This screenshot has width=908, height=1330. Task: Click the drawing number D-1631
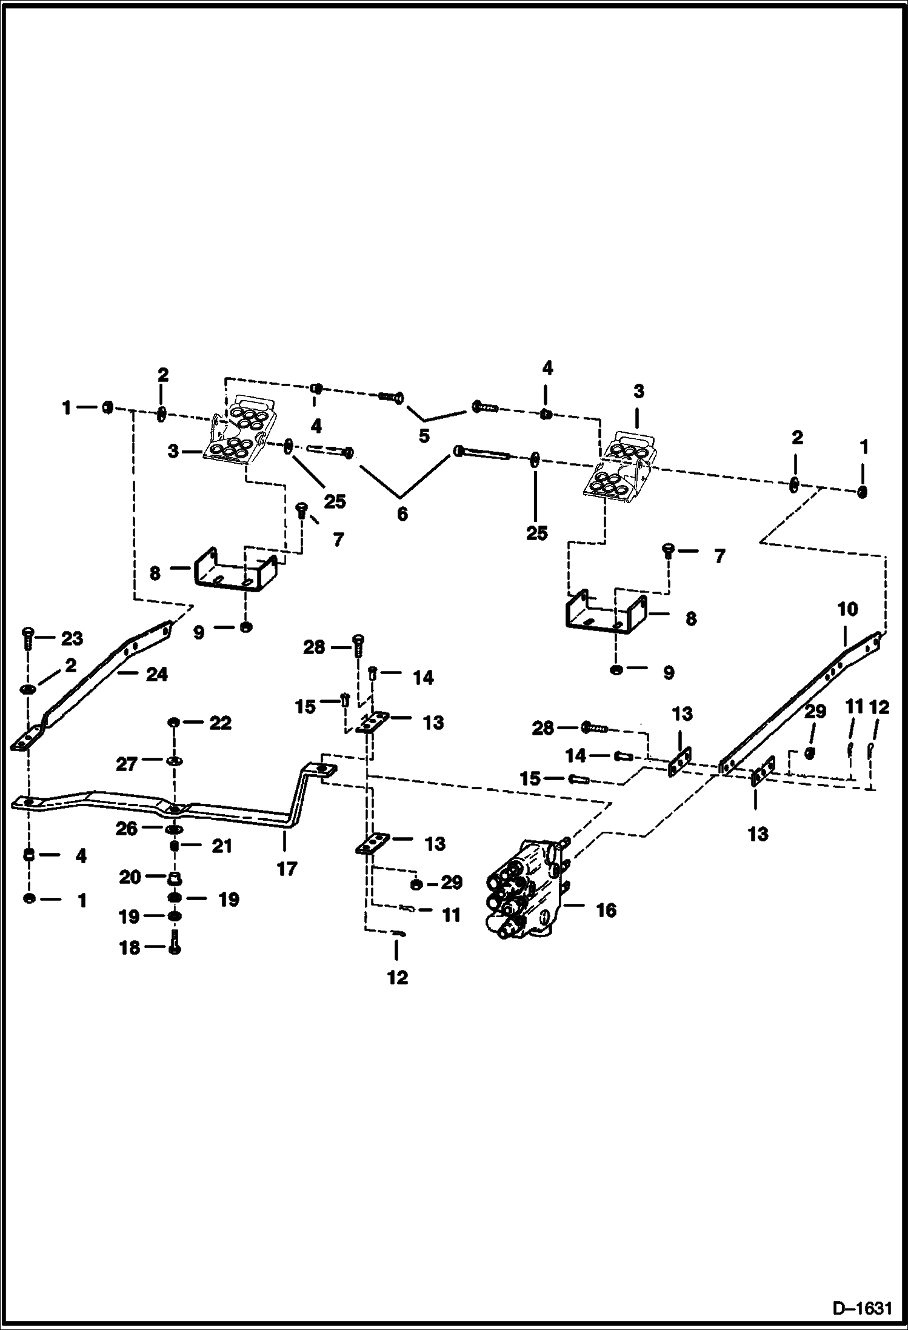(x=862, y=1308)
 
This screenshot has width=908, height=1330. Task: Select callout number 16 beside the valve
(x=606, y=910)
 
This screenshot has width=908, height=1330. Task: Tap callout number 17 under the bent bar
(x=287, y=869)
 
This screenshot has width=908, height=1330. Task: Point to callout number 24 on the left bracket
(x=156, y=674)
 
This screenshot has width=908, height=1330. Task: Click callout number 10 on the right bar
(x=847, y=609)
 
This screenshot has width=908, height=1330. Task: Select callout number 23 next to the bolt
(x=72, y=638)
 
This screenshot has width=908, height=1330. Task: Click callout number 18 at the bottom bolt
(x=130, y=947)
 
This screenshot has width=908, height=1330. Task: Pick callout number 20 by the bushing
(x=130, y=877)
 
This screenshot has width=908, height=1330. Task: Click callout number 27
(x=127, y=764)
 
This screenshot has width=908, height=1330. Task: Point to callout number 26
(x=127, y=828)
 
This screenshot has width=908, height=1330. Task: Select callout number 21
(x=221, y=846)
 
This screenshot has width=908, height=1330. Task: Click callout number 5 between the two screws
(x=424, y=435)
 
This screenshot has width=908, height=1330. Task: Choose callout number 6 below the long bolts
(x=402, y=514)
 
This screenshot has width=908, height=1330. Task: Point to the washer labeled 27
(x=174, y=761)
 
